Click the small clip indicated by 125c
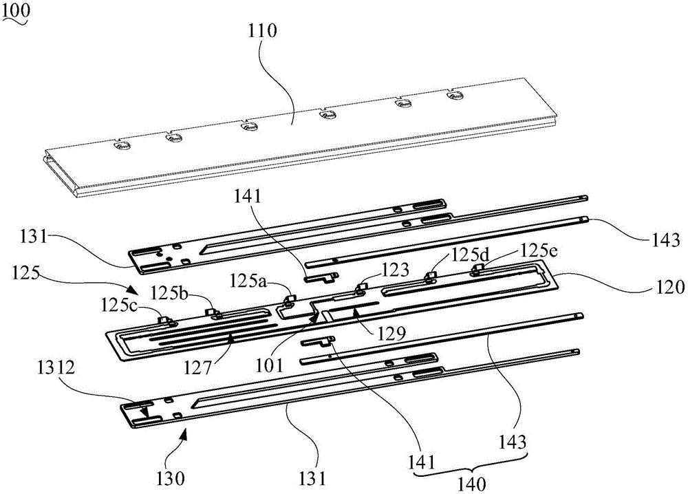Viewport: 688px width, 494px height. coord(165,319)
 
